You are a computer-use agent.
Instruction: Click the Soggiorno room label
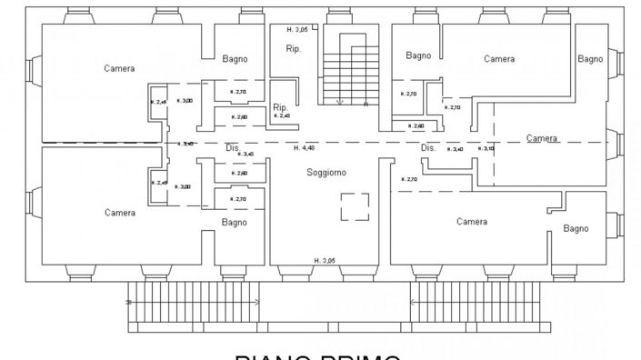(326, 172)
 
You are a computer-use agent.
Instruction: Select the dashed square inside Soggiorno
(356, 206)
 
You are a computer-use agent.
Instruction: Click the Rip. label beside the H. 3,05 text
(294, 49)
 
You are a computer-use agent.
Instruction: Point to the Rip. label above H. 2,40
(281, 107)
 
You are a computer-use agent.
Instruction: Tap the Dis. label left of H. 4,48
(233, 147)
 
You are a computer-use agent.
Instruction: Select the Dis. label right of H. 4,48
(428, 147)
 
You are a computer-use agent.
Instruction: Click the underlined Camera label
(542, 139)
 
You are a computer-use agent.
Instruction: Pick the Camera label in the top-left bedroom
(119, 68)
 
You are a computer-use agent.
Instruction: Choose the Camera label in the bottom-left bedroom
(119, 213)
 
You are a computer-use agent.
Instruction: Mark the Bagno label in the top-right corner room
(589, 59)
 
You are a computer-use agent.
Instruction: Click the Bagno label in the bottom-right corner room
(576, 228)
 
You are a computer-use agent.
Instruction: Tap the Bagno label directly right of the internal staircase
(418, 55)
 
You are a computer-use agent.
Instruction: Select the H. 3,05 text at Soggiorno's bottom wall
(325, 261)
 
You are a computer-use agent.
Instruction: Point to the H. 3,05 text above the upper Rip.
(296, 30)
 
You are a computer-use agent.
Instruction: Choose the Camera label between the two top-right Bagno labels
(499, 59)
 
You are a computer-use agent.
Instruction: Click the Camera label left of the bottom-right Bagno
(472, 222)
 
